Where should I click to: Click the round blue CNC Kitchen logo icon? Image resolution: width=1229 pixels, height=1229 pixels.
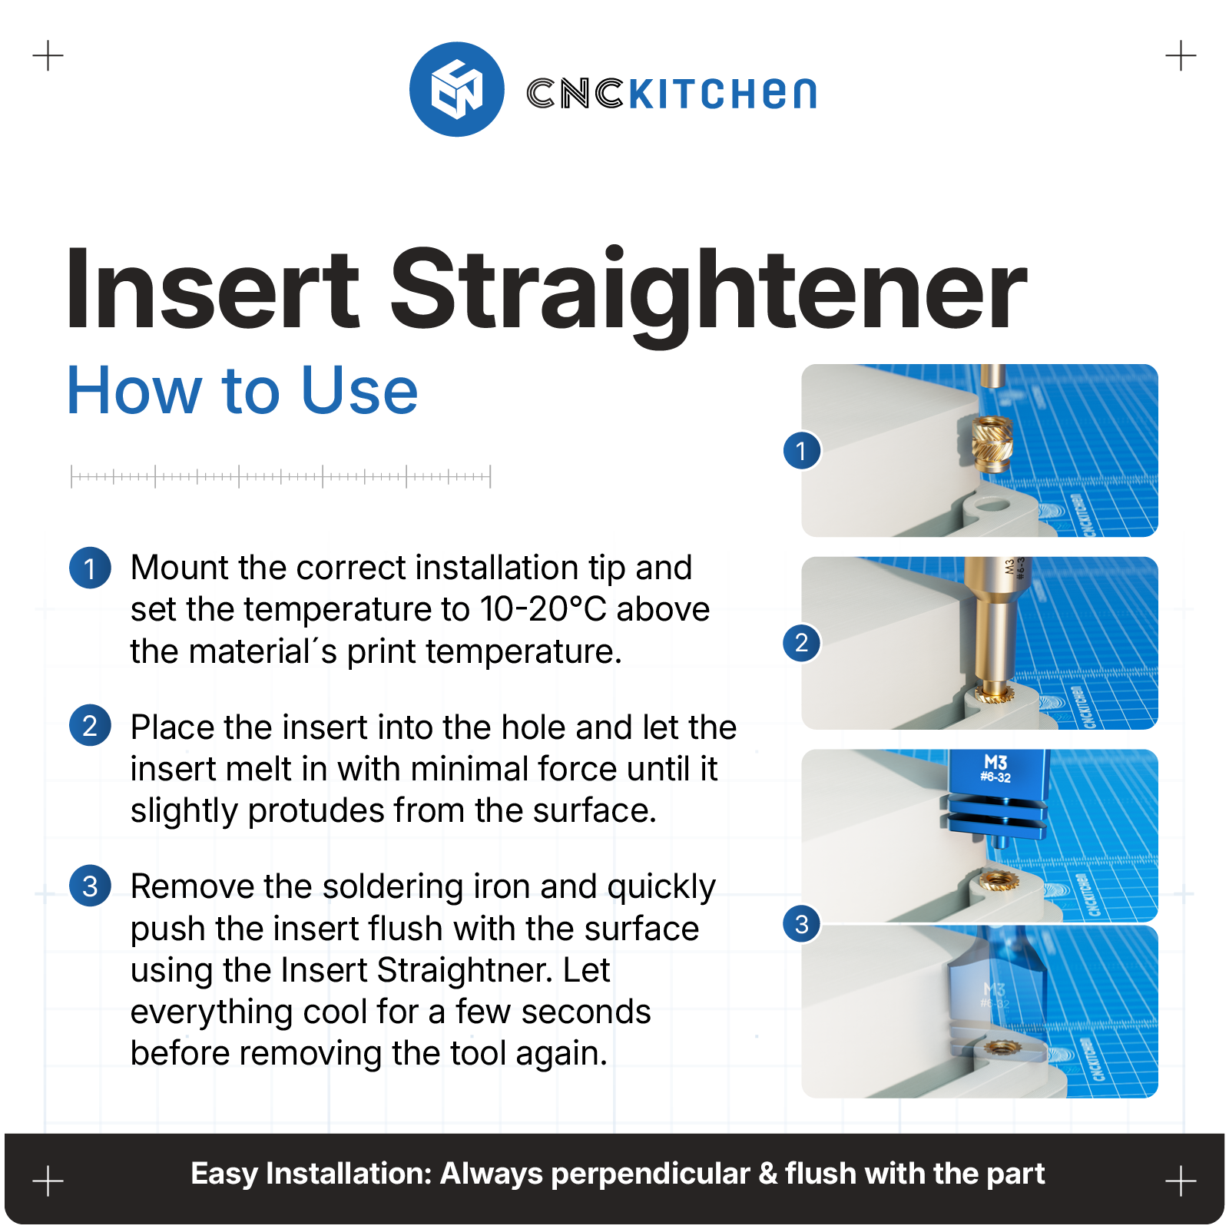point(457,89)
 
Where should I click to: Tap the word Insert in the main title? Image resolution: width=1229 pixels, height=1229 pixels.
point(213,290)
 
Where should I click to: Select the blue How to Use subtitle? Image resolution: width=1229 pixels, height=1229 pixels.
point(243,391)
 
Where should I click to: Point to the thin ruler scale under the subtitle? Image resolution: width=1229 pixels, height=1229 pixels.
point(280,476)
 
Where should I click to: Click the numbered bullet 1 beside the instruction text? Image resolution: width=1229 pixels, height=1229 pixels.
point(90,568)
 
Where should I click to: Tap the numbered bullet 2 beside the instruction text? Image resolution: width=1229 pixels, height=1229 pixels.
point(90,725)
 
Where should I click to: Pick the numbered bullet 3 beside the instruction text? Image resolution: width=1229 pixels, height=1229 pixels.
point(90,886)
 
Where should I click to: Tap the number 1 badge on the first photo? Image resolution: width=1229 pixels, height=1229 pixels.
point(802,451)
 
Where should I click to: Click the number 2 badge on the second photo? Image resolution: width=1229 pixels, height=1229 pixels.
point(802,642)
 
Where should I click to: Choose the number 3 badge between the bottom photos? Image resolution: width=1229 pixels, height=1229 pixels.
point(802,924)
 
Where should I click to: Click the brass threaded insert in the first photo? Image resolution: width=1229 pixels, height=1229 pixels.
point(992,445)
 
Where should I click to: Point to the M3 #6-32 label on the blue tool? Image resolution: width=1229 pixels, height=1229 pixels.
point(995,768)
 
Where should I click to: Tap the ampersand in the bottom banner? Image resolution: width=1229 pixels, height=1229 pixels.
point(767,1174)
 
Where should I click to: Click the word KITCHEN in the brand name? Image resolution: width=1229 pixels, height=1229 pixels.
point(722,94)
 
